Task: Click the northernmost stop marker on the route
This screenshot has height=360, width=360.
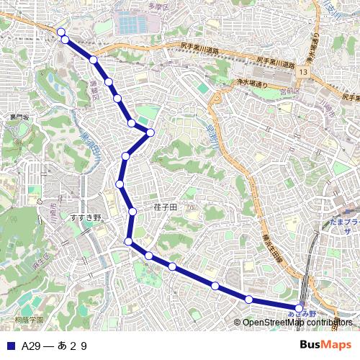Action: [x=61, y=32]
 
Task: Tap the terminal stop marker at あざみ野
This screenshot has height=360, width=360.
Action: [x=300, y=308]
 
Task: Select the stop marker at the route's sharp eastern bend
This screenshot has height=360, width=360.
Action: [x=150, y=132]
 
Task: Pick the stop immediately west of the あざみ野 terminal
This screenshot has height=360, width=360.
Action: [x=248, y=299]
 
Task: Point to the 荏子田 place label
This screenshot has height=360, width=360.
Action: [x=165, y=206]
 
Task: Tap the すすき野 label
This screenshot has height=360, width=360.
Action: [x=86, y=217]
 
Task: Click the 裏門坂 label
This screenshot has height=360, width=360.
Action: [x=19, y=117]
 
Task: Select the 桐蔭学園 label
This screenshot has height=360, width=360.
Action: [x=29, y=319]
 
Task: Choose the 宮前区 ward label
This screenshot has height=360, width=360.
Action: [x=289, y=91]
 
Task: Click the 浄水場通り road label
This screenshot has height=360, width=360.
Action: [x=252, y=84]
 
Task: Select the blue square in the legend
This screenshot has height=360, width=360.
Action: [x=10, y=346]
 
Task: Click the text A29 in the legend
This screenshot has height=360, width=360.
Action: [x=32, y=346]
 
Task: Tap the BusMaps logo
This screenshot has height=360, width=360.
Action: [x=325, y=345]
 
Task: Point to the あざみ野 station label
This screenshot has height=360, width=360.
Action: [x=302, y=315]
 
